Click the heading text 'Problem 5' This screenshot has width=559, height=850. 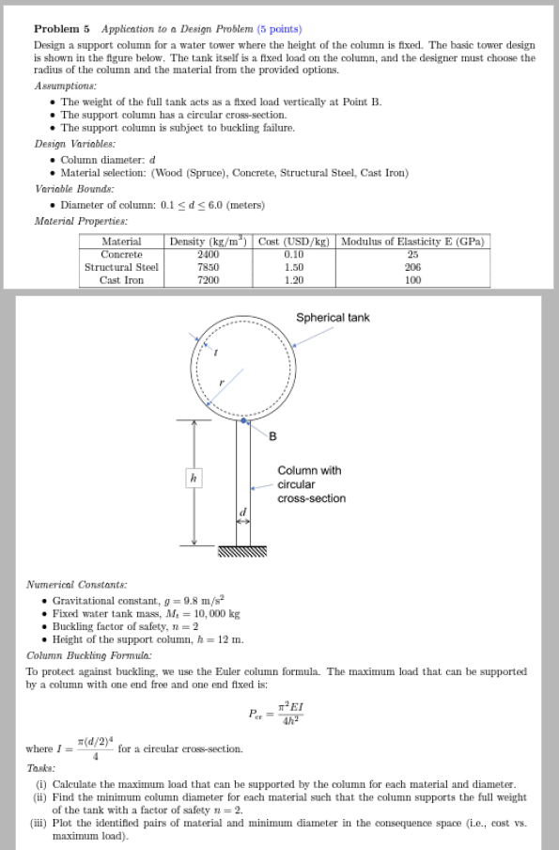[x=61, y=29]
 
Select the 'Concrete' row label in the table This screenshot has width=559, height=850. [x=121, y=254]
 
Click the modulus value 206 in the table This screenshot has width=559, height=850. [x=412, y=267]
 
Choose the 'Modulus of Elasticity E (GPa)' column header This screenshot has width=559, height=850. [x=412, y=242]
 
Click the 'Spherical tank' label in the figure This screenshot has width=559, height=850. [x=333, y=318]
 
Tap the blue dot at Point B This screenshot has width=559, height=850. [x=244, y=422]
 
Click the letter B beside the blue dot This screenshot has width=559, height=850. [x=273, y=434]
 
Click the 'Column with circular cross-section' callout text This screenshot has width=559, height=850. [x=311, y=484]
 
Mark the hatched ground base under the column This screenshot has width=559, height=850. [x=243, y=551]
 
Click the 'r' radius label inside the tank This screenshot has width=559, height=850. [x=222, y=384]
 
